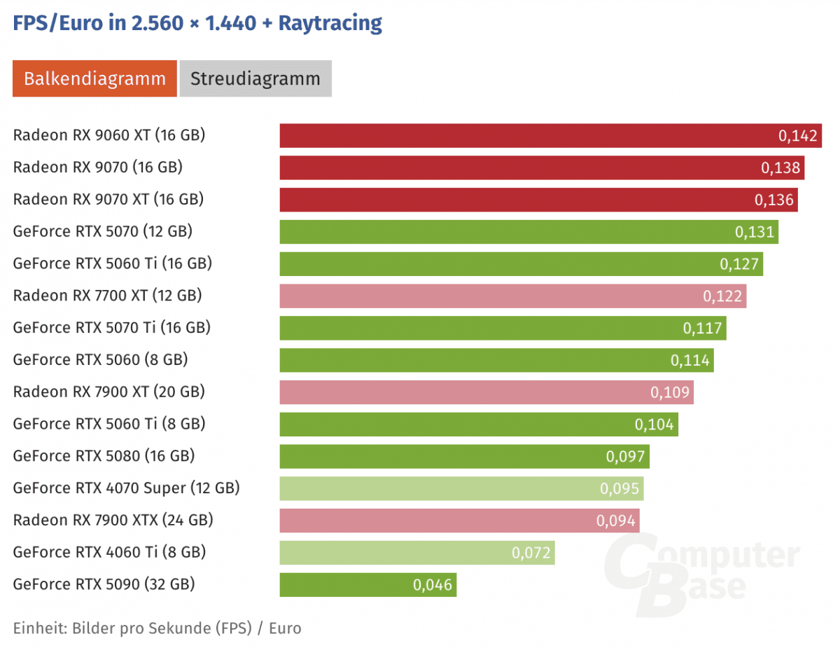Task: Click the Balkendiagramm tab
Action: [x=94, y=78]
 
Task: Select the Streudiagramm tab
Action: [x=255, y=78]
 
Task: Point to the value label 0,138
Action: [x=780, y=168]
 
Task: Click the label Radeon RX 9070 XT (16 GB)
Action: [x=108, y=200]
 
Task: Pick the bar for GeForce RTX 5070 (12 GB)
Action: [x=504, y=232]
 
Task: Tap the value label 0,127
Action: [x=739, y=264]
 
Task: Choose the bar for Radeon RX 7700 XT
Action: [x=490, y=296]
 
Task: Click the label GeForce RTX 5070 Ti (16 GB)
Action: [x=112, y=328]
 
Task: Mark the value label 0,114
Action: [x=690, y=360]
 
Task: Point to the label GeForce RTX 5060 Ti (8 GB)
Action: [x=109, y=424]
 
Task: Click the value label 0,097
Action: [x=626, y=456]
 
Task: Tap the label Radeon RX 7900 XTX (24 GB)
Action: [x=113, y=520]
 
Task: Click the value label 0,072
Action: [x=532, y=553]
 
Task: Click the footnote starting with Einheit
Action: [x=157, y=628]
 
